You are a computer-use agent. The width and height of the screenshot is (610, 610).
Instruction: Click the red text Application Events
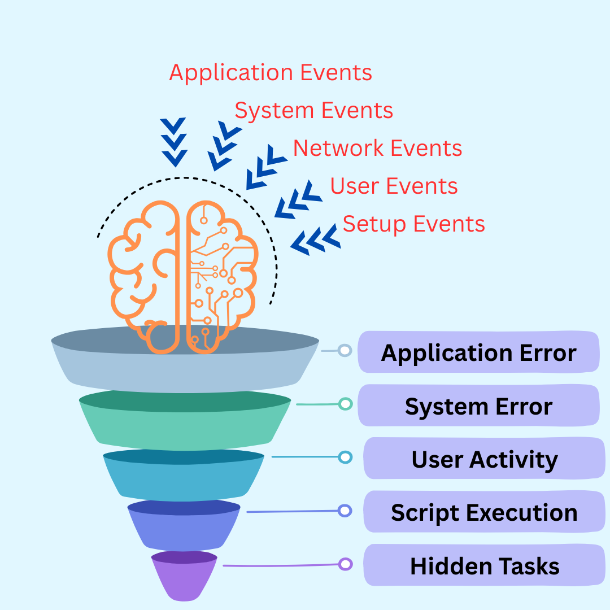click(x=271, y=73)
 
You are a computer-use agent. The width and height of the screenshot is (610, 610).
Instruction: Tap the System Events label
click(x=313, y=110)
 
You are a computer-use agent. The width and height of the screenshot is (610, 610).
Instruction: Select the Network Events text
click(x=377, y=148)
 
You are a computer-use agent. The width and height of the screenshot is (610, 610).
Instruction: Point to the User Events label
click(x=394, y=186)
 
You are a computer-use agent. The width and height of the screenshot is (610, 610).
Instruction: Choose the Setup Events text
click(x=413, y=224)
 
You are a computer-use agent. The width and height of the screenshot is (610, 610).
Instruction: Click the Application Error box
click(x=478, y=352)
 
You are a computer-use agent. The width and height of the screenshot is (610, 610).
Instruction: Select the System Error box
click(x=478, y=406)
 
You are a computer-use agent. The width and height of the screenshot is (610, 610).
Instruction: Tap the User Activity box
click(x=484, y=459)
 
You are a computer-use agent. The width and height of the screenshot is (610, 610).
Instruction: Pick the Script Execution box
click(x=484, y=512)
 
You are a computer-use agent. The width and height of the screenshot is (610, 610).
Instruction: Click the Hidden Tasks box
click(x=484, y=565)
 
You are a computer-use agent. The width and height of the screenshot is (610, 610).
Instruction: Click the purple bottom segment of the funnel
click(x=184, y=579)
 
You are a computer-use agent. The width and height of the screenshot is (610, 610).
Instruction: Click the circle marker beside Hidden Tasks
click(x=345, y=564)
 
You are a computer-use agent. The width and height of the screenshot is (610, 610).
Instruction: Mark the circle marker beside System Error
click(x=345, y=404)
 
